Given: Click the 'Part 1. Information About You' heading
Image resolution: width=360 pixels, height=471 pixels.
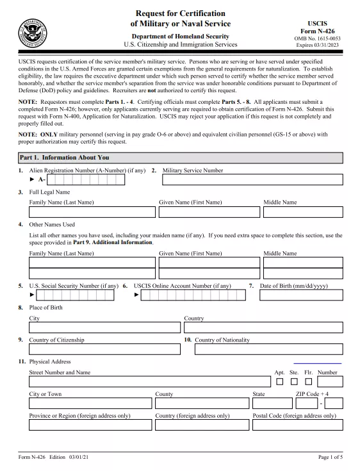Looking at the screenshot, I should (64, 157).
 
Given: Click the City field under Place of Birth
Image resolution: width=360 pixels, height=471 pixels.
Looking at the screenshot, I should (104, 327).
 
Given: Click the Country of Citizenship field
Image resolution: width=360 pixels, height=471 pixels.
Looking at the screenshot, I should (104, 350).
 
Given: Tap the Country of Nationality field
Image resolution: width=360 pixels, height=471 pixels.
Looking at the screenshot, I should (268, 350).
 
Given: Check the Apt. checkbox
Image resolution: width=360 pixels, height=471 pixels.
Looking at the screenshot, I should (279, 382).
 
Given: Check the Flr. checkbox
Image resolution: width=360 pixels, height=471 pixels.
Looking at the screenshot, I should (308, 382).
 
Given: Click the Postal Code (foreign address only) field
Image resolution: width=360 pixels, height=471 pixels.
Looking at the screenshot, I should (297, 426).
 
